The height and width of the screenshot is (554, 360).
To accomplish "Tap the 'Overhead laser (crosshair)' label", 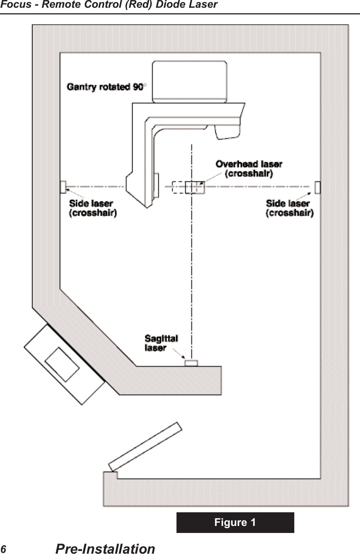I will pyautogui.click(x=249, y=169).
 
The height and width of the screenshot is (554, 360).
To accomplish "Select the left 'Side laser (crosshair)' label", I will pyautogui.click(x=93, y=208).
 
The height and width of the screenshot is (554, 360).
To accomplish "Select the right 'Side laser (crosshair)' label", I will pyautogui.click(x=289, y=208).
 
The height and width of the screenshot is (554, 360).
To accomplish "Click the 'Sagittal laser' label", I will pyautogui.click(x=161, y=343).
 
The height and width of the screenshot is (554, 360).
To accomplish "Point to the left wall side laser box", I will pyautogui.click(x=63, y=187).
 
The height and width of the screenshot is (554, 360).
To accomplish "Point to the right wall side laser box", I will pyautogui.click(x=318, y=187).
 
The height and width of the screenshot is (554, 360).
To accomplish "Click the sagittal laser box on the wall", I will pyautogui.click(x=191, y=363).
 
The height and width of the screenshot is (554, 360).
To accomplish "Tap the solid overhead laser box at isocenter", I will pyautogui.click(x=195, y=187).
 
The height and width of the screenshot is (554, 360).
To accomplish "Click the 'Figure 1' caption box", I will pyautogui.click(x=235, y=522).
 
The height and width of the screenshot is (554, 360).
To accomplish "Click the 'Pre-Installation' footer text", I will pyautogui.click(x=105, y=549).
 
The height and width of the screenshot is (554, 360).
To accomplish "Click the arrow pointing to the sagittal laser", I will pyautogui.click(x=179, y=354).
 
